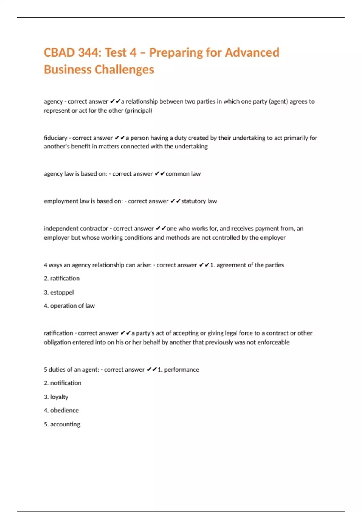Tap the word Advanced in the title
[x=252, y=53]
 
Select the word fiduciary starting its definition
[x=55, y=138]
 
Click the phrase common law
[x=183, y=174]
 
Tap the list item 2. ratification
[x=62, y=278]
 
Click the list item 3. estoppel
[x=59, y=292]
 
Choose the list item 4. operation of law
[x=69, y=306]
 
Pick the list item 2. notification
[x=62, y=383]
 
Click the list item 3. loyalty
[x=56, y=397]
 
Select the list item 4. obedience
[x=61, y=410]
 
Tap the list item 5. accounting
[x=62, y=424]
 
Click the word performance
[x=182, y=370]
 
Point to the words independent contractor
[x=76, y=229]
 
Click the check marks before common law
[x=160, y=174]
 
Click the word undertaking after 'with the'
[x=191, y=147]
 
